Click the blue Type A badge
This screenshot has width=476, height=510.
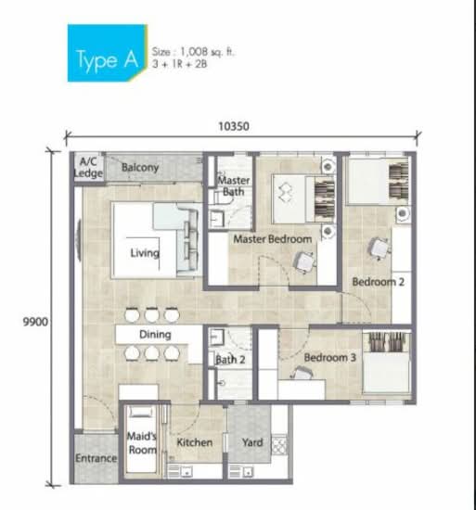coord(107,53)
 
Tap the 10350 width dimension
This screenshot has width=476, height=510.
coord(234,126)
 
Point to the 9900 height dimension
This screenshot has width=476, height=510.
coord(35,322)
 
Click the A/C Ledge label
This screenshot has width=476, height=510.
coord(88,167)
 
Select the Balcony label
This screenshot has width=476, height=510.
coord(140,167)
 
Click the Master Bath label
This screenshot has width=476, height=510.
coord(234,185)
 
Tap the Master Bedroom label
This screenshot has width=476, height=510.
coord(273,239)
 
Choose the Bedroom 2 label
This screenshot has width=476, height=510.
coord(378,281)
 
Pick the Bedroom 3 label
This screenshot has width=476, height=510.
coord(330,357)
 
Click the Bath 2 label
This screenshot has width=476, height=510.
coord(230,360)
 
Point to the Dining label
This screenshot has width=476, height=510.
coord(155,335)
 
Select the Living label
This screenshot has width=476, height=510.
coord(145,253)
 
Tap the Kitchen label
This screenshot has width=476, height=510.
coord(195,442)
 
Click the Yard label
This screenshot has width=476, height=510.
coord(252,442)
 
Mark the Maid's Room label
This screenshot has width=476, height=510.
coord(142,442)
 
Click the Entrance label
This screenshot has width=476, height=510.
coord(96,458)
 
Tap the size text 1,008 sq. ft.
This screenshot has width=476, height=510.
coord(207,52)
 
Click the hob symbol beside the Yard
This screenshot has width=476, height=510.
coord(279,444)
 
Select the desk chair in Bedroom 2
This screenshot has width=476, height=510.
coord(379,249)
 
